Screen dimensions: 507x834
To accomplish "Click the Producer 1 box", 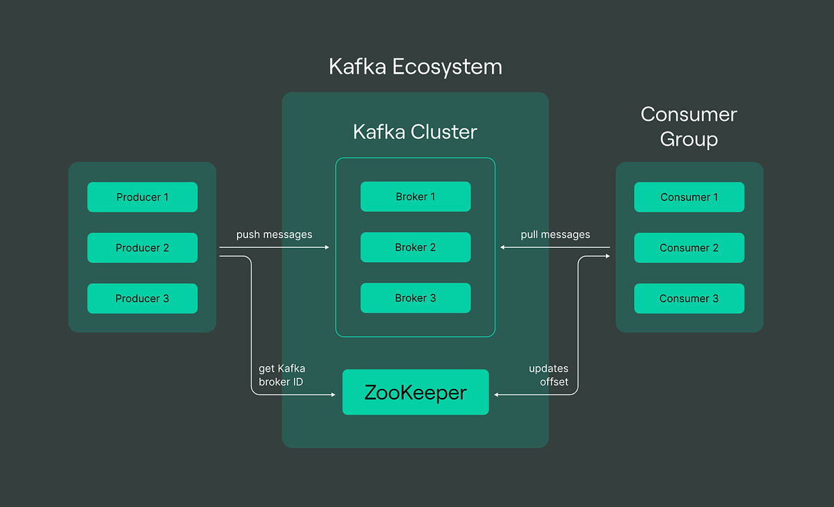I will point(142,197).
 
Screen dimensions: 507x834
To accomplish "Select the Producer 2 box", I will point(142,248).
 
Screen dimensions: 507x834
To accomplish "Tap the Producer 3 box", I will point(142,299).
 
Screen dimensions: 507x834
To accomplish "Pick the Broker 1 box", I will point(416,197).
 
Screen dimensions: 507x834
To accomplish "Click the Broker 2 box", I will point(416,247).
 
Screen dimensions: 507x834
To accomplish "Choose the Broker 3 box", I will point(416,298).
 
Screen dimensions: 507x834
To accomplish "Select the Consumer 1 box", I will point(689,197).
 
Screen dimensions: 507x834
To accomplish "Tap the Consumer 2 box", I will point(689,248).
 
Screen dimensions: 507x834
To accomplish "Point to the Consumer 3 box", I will point(689,299).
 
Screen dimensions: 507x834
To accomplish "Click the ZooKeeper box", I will point(416,392).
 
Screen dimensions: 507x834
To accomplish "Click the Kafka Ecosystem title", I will point(416,67).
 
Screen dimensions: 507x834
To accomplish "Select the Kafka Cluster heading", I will point(416,132).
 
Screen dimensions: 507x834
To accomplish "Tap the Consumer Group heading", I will point(689,126).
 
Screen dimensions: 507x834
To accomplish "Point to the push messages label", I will point(274,235).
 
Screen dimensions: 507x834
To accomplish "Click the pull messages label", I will point(555,235).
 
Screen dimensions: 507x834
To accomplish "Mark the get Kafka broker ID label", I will point(281,375).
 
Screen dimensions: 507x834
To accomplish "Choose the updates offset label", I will point(548,375).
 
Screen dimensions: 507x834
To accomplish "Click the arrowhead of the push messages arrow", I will point(327,247).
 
